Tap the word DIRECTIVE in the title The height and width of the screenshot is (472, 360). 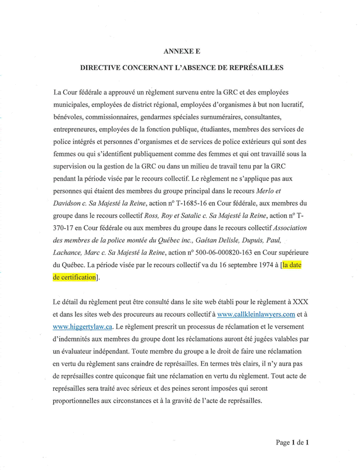102,68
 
